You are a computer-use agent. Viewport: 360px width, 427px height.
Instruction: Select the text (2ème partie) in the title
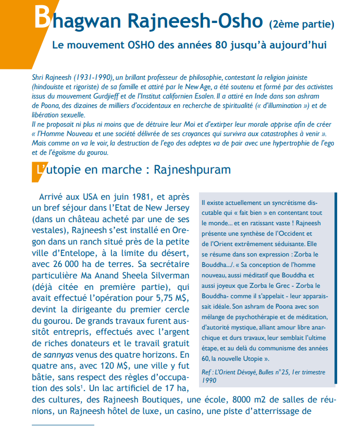(x=301, y=23)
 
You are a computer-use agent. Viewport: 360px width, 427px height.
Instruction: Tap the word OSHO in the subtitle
(x=142, y=45)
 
